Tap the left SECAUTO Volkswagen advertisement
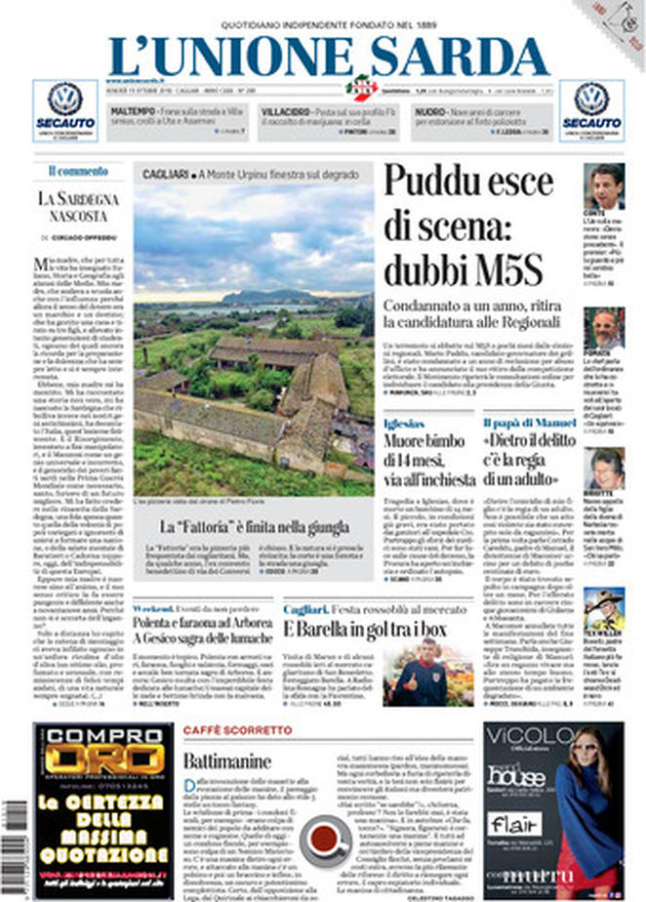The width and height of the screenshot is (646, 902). click(64, 110)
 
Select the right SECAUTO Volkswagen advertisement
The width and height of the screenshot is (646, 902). click(591, 110)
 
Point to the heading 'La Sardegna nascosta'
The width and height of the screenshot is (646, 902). click(79, 206)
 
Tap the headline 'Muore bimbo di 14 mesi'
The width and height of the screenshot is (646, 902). click(427, 458)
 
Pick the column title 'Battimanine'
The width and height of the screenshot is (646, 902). click(230, 760)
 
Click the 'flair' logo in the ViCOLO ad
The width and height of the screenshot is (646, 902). click(513, 823)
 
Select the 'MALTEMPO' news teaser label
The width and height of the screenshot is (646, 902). click(133, 112)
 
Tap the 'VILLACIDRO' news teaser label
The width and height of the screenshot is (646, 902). click(286, 112)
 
